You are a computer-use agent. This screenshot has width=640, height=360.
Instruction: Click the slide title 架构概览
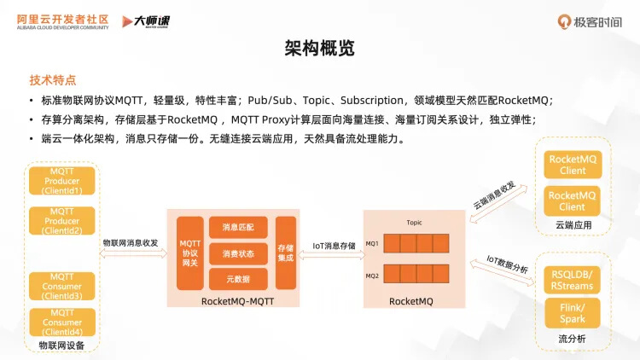point(319,49)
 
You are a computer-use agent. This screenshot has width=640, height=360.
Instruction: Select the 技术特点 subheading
point(52,80)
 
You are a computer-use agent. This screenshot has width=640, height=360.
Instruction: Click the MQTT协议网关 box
point(189,253)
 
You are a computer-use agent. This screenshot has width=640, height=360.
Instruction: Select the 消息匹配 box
point(237,228)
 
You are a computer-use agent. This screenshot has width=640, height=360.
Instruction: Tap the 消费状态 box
point(237,253)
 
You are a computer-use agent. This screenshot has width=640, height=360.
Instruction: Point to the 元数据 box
point(237,278)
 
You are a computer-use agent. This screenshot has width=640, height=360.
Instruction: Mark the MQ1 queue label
point(372,243)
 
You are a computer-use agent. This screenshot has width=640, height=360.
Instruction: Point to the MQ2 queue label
point(372,276)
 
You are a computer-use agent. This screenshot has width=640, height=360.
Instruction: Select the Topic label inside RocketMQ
point(414,222)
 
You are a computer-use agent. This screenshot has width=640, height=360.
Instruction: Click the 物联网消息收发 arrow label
point(131,243)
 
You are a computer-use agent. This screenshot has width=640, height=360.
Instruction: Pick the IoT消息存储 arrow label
point(334,246)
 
